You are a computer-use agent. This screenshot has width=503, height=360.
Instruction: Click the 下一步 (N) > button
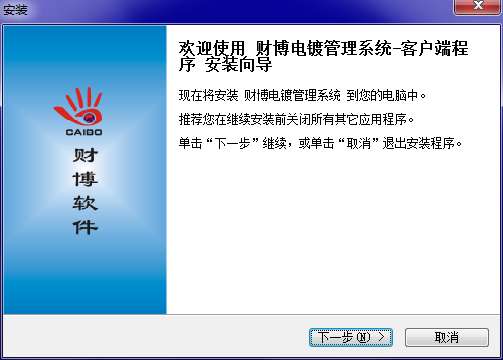pos(351,337)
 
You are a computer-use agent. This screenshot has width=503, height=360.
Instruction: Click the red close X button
pos(478,6)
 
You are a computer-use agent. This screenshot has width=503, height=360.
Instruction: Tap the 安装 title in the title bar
pos(15,10)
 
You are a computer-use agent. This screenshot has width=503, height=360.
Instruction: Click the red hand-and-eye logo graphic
pos(79,106)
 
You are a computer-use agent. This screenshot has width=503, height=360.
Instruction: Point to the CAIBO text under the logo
pos(84,132)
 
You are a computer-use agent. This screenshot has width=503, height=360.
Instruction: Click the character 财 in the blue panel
pos(85,155)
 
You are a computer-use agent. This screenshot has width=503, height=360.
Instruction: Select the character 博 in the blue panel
pos(85,179)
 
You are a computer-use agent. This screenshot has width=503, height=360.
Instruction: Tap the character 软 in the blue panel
pos(85,203)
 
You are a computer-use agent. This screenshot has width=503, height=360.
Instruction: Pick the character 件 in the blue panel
pos(85,227)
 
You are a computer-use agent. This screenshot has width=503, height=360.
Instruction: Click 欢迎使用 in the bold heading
pos(212,49)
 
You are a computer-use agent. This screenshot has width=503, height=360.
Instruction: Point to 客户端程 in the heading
pos(434,49)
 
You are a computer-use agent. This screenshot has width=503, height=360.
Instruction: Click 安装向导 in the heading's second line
pos(238,64)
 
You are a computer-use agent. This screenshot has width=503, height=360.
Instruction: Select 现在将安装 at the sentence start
pos(208,96)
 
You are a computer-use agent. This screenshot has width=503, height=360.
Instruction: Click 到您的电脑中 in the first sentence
pos(382,96)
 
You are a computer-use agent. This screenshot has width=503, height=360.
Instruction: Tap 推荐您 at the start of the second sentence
pos(196,119)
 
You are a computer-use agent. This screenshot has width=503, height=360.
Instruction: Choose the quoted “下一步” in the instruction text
pos(233,143)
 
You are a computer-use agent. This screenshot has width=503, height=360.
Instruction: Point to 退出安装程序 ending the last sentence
pos(418,143)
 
